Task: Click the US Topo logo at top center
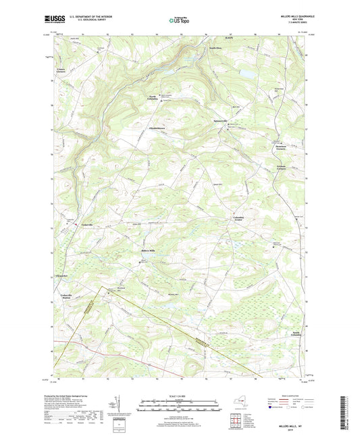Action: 178,20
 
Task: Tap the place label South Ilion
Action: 215,49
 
